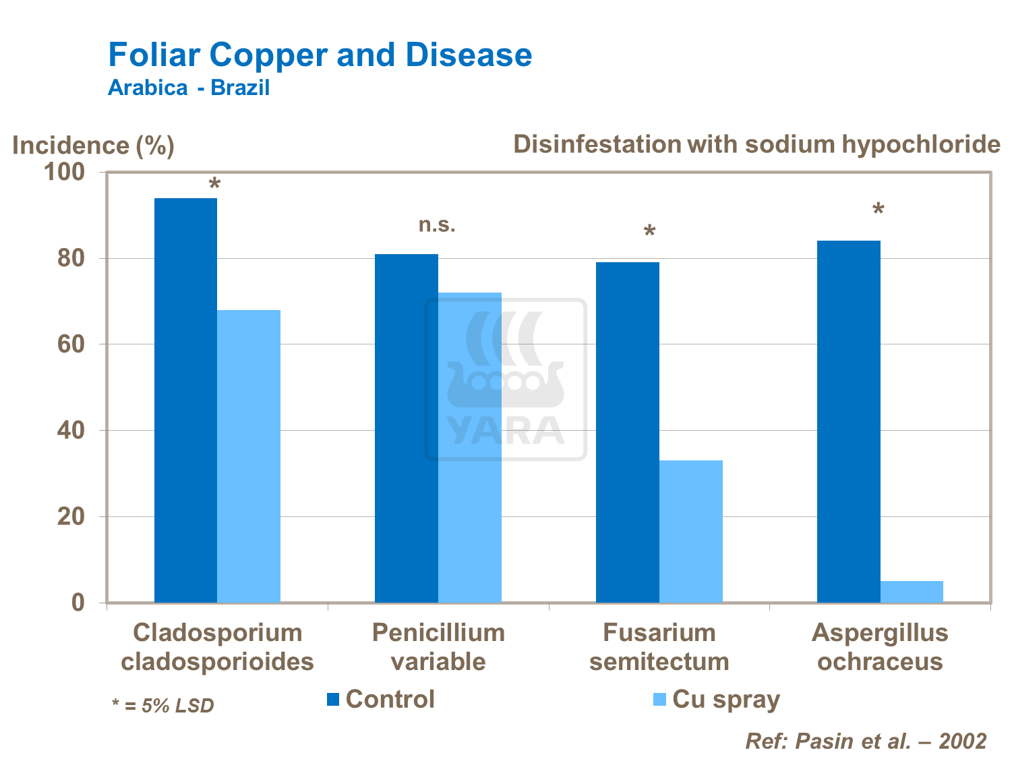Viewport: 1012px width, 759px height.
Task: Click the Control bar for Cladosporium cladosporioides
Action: click(x=185, y=400)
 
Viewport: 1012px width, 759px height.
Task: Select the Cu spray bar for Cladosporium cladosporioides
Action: click(x=249, y=456)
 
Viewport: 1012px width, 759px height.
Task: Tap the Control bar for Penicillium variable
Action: click(x=406, y=428)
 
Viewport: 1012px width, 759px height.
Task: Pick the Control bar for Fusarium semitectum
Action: click(x=627, y=432)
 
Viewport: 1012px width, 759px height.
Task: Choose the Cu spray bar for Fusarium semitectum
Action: click(x=690, y=531)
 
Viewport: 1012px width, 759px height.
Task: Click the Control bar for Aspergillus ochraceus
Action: click(x=848, y=421)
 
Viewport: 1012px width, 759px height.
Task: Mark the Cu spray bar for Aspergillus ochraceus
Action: click(x=912, y=591)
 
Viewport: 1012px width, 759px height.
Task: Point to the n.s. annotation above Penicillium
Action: click(x=437, y=224)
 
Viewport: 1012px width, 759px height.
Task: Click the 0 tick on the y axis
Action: click(x=78, y=602)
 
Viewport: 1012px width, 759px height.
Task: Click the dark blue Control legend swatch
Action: click(x=332, y=700)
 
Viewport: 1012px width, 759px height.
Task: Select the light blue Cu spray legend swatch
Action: click(x=659, y=700)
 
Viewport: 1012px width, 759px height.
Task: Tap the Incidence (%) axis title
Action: click(x=93, y=146)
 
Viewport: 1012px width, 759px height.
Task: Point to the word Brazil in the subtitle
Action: click(x=240, y=88)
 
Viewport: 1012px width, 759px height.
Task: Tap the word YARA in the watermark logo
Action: click(x=505, y=431)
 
